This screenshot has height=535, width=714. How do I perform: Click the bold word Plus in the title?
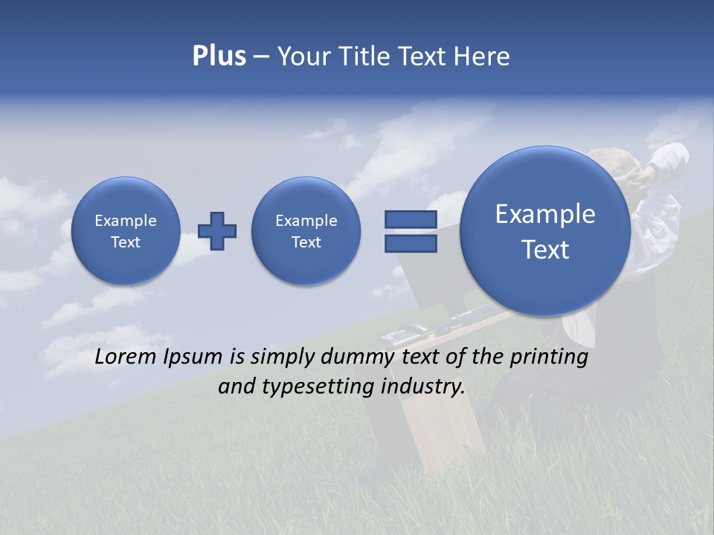pos(219,56)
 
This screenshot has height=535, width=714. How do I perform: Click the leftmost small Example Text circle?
pos(126,230)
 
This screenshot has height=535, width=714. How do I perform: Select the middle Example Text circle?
pos(306,230)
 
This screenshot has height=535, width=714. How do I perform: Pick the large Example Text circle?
pos(545,231)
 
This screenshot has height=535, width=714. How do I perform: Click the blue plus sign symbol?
pos(217,230)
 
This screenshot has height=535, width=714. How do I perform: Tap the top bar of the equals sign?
pos(411,219)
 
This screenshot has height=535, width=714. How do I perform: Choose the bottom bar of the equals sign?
pos(411,243)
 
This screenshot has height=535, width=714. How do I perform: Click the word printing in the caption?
pos(549,357)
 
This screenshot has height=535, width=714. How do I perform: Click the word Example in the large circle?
pos(545,214)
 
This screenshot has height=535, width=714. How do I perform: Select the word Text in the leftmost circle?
pos(126,242)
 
